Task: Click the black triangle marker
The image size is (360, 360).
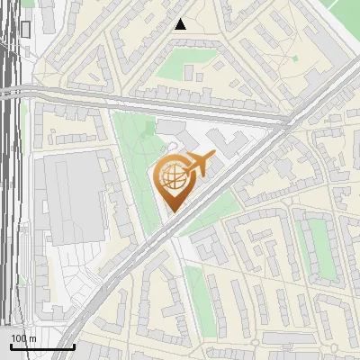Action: [x=181, y=24]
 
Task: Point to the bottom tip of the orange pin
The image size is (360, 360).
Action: [x=174, y=212]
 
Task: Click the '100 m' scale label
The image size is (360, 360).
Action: [x=23, y=338]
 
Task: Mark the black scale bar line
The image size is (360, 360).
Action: [x=42, y=346]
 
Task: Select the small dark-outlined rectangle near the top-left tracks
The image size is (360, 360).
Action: [x=25, y=29]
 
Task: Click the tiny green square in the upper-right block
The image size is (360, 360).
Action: [x=294, y=58]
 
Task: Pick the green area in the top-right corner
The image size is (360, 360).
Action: [x=346, y=11]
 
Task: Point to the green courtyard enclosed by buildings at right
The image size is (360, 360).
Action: [x=317, y=247]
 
